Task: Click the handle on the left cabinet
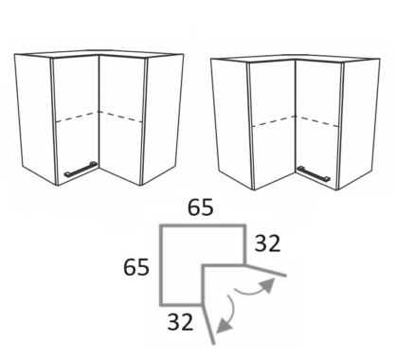(81, 169)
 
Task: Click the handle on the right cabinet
(314, 174)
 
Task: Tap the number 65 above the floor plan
(201, 207)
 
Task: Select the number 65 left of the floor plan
(136, 267)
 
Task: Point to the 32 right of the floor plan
(267, 243)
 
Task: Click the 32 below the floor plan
(180, 322)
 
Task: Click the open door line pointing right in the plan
(265, 270)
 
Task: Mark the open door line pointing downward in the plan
(208, 324)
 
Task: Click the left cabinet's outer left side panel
(35, 119)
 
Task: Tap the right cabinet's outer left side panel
(232, 124)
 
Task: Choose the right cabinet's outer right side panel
(359, 124)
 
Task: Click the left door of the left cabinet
(76, 120)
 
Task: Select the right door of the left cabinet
(122, 120)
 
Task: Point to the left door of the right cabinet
(273, 125)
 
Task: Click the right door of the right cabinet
(318, 125)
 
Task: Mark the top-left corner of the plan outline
(161, 226)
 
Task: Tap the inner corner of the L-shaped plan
(204, 265)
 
